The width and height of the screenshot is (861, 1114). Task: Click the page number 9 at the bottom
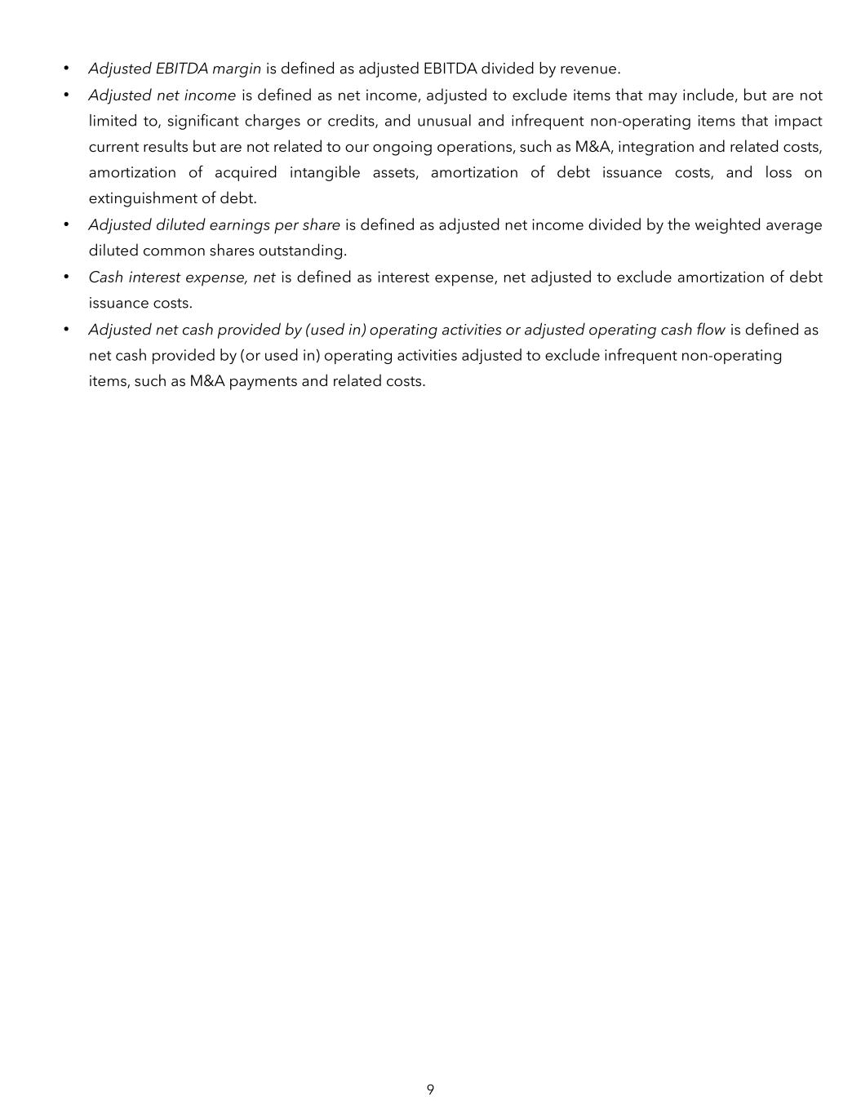pos(430,1090)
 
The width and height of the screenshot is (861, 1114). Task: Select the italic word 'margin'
pos(236,69)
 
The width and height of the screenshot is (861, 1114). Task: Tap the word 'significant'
pos(201,122)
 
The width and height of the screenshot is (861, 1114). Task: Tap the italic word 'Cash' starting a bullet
pos(105,277)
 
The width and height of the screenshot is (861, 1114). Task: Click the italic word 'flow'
pos(708,330)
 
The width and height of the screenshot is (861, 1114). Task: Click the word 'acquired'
pos(246,173)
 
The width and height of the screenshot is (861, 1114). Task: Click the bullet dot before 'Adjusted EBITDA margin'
pos(66,69)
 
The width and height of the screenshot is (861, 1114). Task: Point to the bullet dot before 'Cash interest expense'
pos(66,277)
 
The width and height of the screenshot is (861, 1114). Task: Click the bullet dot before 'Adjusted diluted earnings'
pos(66,225)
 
